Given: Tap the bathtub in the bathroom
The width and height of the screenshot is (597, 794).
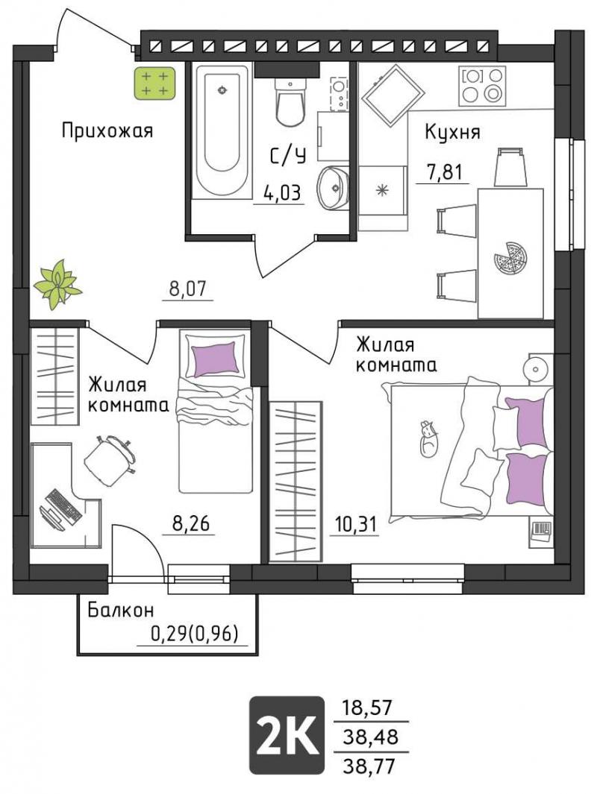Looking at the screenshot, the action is (x=222, y=133).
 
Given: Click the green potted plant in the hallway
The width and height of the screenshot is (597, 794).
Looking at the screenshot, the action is (x=57, y=283).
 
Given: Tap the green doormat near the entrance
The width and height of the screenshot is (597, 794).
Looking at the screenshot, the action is (x=154, y=84).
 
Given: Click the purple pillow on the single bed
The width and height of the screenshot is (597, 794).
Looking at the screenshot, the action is (x=215, y=358).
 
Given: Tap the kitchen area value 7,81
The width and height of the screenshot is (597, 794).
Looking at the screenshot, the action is (x=445, y=173).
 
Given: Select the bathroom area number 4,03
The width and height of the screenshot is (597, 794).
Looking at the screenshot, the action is (x=282, y=193).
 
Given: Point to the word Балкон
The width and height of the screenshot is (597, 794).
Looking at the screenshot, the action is (x=121, y=610).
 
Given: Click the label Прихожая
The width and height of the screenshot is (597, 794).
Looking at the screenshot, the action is (x=107, y=130).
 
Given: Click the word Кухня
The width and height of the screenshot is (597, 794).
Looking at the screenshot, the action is (x=452, y=133).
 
